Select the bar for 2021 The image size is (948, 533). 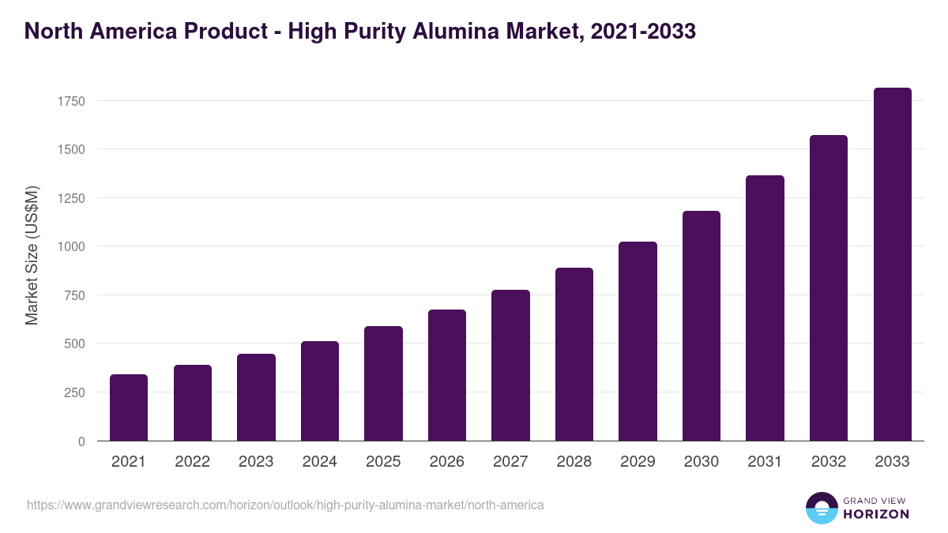tap(129, 407)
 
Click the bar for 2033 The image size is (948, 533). tap(892, 265)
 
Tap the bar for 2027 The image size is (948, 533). tap(510, 366)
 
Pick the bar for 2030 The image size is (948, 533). tap(702, 326)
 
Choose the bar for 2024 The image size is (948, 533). tap(320, 391)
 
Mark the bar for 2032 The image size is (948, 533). tap(829, 288)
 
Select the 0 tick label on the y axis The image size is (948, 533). tap(81, 441)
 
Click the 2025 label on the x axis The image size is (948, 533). tap(383, 462)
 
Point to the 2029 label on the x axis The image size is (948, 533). tap(638, 462)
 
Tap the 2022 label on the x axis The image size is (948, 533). tap(192, 462)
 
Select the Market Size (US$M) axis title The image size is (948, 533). tap(32, 255)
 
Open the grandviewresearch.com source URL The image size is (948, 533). tap(285, 505)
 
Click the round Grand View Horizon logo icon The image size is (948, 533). tap(821, 508)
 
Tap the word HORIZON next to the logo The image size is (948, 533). tap(875, 514)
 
